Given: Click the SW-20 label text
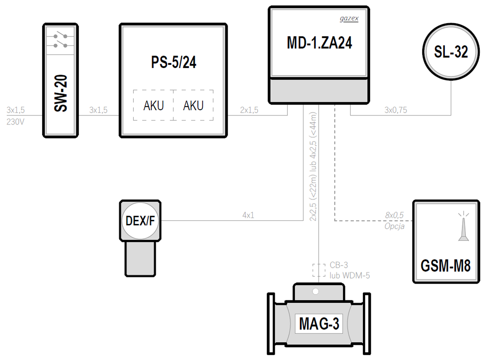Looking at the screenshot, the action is coord(60,93).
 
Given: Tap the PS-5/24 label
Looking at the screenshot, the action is coord(173,62).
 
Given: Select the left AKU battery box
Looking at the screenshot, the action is coord(153,105).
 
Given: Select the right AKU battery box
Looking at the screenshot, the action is coord(193,105).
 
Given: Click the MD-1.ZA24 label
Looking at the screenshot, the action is coord(319,42).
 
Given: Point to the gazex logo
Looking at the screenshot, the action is coord(349,18).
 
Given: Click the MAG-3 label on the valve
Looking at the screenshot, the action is coord(319,324).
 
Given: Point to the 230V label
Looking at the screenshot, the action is coord(15,122).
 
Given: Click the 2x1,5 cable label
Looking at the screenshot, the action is coord(249,110).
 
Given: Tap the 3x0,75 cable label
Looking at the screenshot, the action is coord(396,110).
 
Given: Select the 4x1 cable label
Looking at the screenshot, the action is coord(248,215).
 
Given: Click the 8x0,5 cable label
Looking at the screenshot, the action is coord(394,215).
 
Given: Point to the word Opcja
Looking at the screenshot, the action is coord(394,226).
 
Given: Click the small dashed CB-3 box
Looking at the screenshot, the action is coord(319,270).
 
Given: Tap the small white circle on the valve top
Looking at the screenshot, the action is coord(315,292).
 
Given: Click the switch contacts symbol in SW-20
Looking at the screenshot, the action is coord(60,41).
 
